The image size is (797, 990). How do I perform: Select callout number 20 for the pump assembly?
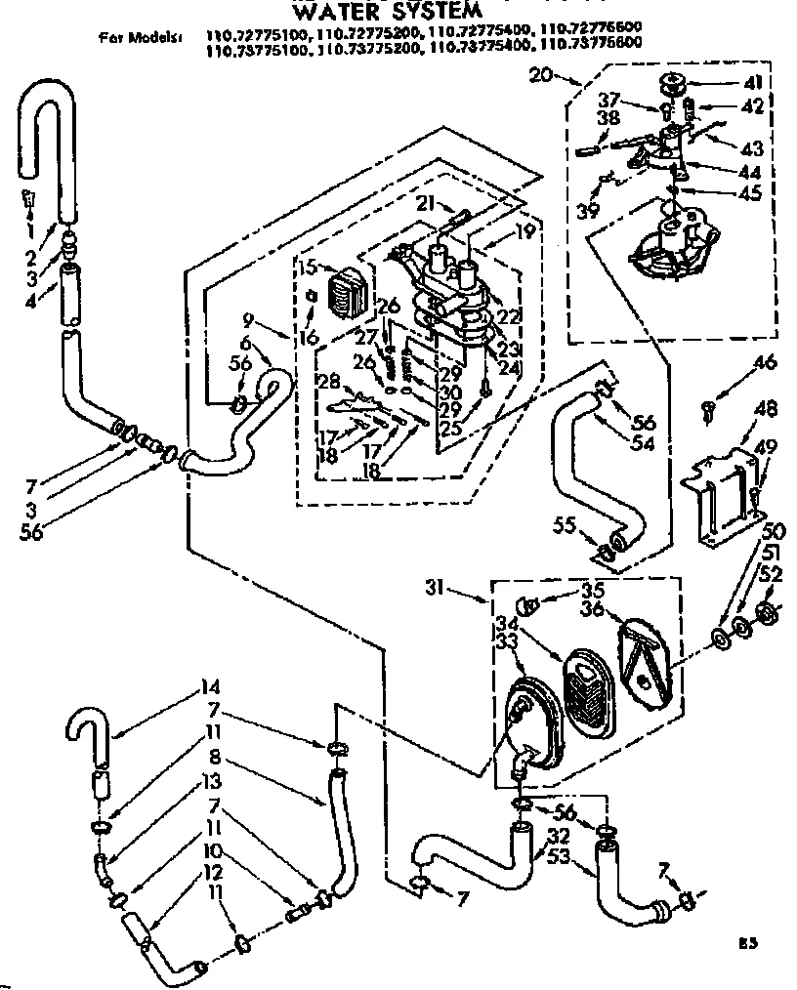pos(541,74)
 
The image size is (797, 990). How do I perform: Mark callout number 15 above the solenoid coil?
pos(309,267)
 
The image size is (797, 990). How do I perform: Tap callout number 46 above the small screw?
pos(764,363)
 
